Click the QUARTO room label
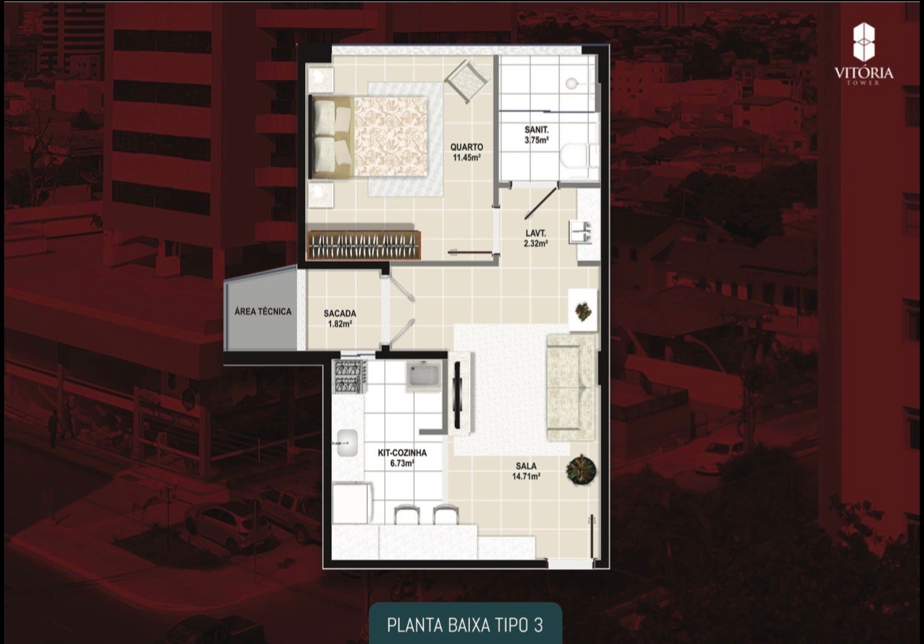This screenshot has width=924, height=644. click(467, 148)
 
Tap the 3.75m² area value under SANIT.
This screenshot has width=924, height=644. click(537, 140)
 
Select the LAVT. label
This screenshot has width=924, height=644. click(535, 233)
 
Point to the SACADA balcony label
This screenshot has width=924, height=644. click(340, 314)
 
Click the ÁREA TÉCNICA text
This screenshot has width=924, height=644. click(263, 312)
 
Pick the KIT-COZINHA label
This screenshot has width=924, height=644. click(402, 453)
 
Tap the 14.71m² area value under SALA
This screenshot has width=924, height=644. click(525, 476)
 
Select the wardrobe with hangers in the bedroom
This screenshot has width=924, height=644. click(363, 245)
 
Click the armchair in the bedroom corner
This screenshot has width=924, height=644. click(466, 81)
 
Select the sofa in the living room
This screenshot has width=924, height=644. click(571, 387)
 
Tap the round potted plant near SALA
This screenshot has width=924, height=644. click(581, 470)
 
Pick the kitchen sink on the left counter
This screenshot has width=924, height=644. click(348, 443)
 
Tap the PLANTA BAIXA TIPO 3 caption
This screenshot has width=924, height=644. click(464, 623)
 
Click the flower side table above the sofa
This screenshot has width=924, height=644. click(583, 309)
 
